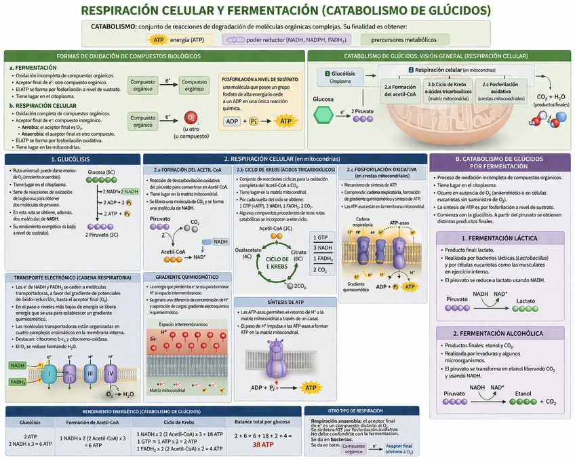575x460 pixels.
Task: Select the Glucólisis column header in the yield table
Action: pos(28,422)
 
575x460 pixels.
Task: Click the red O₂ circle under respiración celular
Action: pos(191,117)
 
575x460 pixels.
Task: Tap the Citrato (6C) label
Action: pos(299,254)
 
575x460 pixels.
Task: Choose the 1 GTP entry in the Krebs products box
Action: pos(323,237)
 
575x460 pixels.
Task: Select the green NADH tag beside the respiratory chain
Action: pos(18,366)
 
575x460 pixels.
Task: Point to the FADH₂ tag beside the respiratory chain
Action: pos(19,381)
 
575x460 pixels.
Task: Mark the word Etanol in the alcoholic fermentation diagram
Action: pos(523,393)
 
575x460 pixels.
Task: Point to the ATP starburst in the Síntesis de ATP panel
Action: pos(311,388)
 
